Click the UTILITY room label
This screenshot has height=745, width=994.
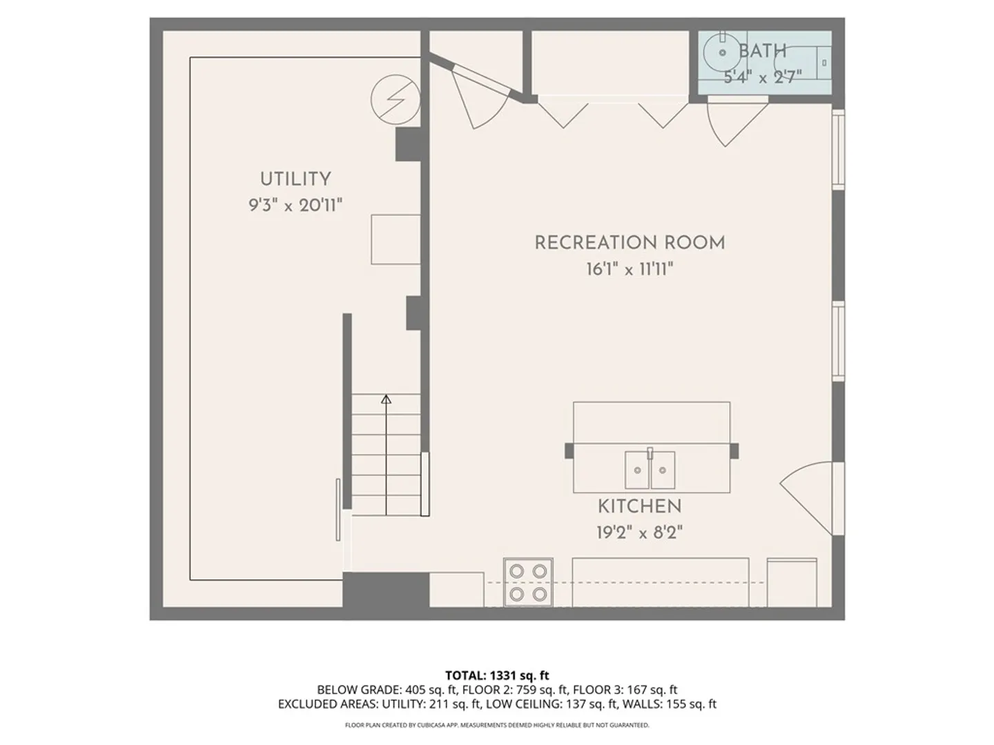click(x=295, y=179)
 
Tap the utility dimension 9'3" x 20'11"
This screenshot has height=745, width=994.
click(x=295, y=206)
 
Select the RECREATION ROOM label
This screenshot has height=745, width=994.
click(x=630, y=243)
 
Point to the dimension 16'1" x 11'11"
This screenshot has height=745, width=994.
click(x=630, y=270)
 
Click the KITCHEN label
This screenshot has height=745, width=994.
click(x=639, y=506)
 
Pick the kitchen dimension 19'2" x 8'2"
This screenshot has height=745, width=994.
click(x=639, y=533)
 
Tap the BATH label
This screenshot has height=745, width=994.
click(x=763, y=51)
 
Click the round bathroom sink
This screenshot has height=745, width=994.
click(x=722, y=52)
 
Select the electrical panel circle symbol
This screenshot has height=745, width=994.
click(x=396, y=99)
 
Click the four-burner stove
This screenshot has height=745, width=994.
click(x=528, y=582)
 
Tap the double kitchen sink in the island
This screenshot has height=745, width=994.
click(x=650, y=470)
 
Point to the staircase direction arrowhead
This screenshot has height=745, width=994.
click(x=386, y=399)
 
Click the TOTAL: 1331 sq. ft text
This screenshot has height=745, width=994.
click(x=497, y=675)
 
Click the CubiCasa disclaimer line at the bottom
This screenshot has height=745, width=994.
click(x=497, y=725)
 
